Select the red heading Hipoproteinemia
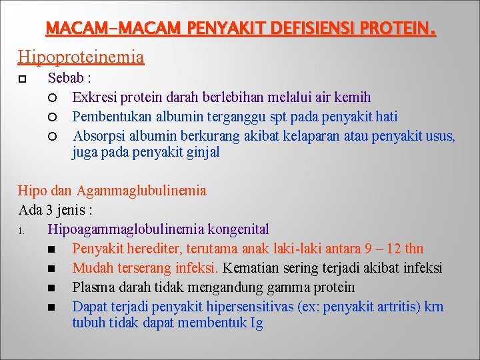point(81,57)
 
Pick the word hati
point(386,117)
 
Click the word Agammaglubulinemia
point(141,191)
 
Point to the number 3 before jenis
point(49,210)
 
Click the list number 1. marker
point(22,231)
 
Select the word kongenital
point(239,229)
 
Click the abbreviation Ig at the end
point(256,323)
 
